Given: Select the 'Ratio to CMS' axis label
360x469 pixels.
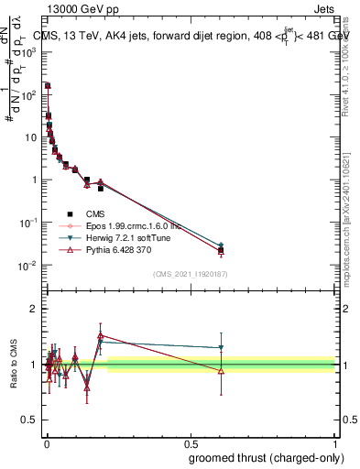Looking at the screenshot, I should click(14, 365).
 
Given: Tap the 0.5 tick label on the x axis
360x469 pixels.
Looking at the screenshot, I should click(191, 442).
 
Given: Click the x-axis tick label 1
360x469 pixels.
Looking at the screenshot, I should click(335, 442).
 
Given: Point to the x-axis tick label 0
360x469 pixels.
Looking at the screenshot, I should click(46, 442).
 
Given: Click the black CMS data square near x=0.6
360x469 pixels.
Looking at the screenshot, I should click(221, 250).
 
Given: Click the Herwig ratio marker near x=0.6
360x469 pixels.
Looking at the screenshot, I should click(221, 348).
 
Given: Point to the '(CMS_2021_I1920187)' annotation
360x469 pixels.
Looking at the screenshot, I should click(190, 274).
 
